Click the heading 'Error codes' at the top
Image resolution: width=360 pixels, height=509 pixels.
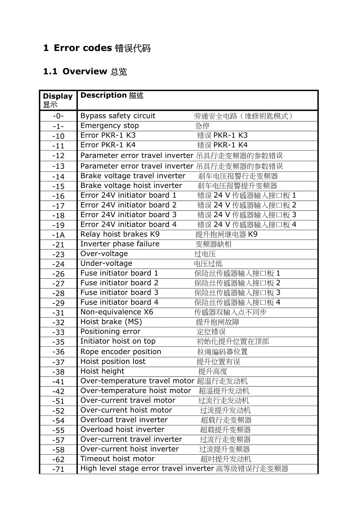(x=83, y=48)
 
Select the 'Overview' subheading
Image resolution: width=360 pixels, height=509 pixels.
(x=85, y=71)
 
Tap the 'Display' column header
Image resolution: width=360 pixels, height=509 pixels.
(x=58, y=96)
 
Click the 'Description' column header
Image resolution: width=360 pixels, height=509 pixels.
(x=104, y=95)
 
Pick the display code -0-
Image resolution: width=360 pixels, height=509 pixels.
(x=58, y=116)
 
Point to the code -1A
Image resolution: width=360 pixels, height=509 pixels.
(x=58, y=235)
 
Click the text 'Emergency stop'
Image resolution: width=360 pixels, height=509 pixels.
(x=110, y=125)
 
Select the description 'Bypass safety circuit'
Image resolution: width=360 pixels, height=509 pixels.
(x=118, y=116)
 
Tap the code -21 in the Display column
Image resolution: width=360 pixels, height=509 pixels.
(x=58, y=245)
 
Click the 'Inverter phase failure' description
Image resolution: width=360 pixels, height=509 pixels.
(x=120, y=244)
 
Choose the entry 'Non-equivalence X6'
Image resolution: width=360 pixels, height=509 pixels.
(x=117, y=312)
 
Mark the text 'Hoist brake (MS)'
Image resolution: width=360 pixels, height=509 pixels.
(x=111, y=322)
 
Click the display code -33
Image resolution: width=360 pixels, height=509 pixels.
(x=58, y=332)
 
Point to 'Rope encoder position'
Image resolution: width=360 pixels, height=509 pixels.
(x=121, y=351)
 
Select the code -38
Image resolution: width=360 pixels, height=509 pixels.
(x=58, y=372)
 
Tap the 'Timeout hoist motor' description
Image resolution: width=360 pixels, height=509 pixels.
(x=117, y=459)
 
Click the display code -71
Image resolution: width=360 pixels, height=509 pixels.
(x=58, y=469)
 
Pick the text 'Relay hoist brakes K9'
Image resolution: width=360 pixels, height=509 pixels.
(x=120, y=234)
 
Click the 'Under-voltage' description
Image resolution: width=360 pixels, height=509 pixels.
(x=106, y=263)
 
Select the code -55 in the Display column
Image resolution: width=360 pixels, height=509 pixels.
(x=58, y=430)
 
